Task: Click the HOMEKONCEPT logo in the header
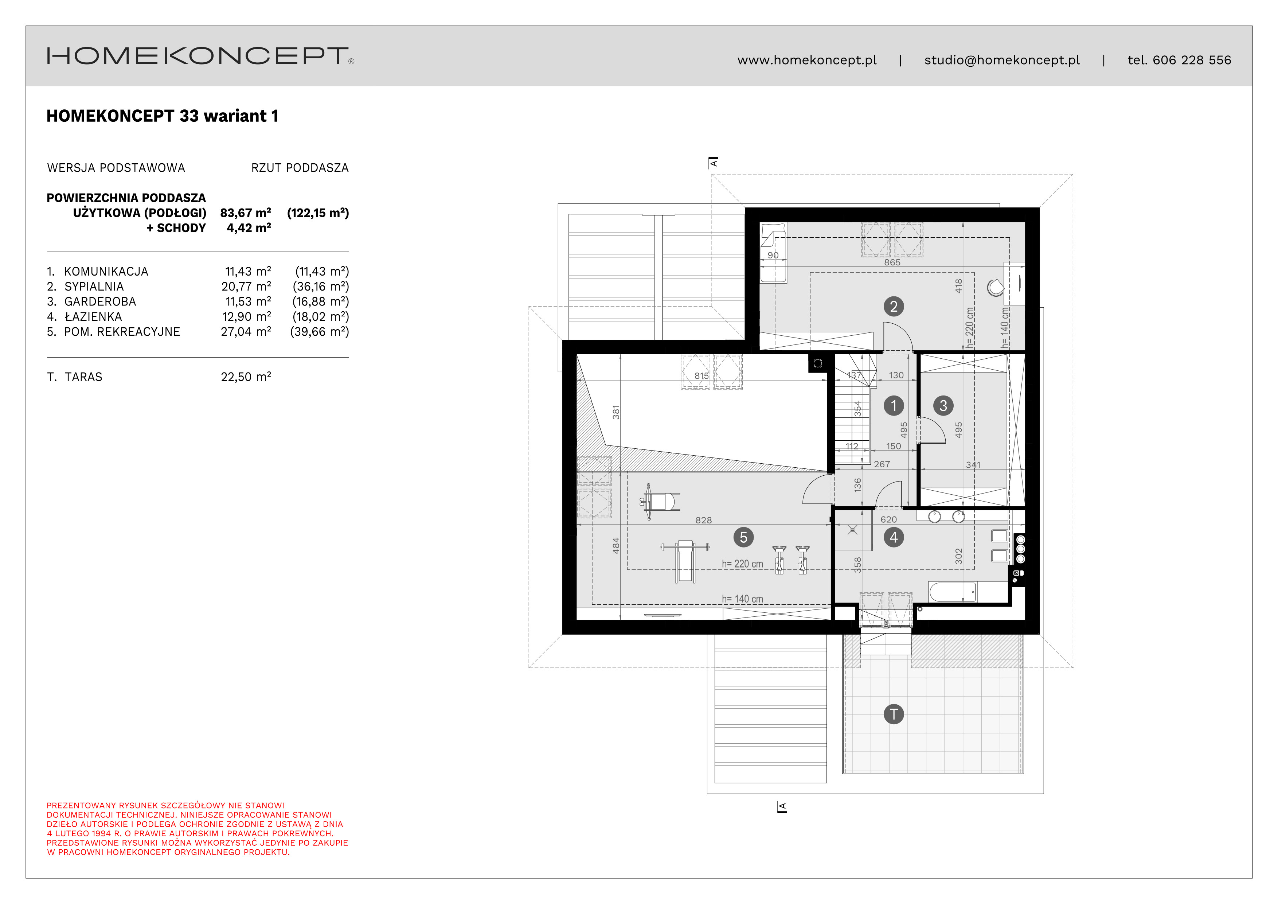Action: point(200,56)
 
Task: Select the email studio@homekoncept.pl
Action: point(1002,60)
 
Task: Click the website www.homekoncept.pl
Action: point(807,60)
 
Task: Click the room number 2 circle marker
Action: point(894,306)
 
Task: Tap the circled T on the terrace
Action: point(894,714)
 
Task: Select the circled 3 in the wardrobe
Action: point(943,405)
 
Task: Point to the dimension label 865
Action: point(892,262)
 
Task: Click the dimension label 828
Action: point(704,520)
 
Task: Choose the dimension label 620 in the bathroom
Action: point(888,519)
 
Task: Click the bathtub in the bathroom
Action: point(952,592)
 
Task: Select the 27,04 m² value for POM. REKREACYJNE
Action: point(246,332)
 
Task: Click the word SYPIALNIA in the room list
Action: point(94,287)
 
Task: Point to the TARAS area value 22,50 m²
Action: point(246,377)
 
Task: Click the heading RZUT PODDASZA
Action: point(300,168)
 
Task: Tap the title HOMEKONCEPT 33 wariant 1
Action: point(163,116)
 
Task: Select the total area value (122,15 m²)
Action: point(318,213)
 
